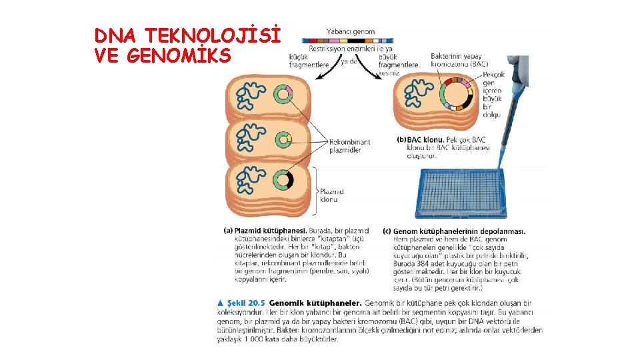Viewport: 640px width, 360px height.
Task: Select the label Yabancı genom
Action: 351,31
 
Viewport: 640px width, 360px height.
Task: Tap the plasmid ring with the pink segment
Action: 283,94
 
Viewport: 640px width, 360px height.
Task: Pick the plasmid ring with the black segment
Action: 285,181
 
